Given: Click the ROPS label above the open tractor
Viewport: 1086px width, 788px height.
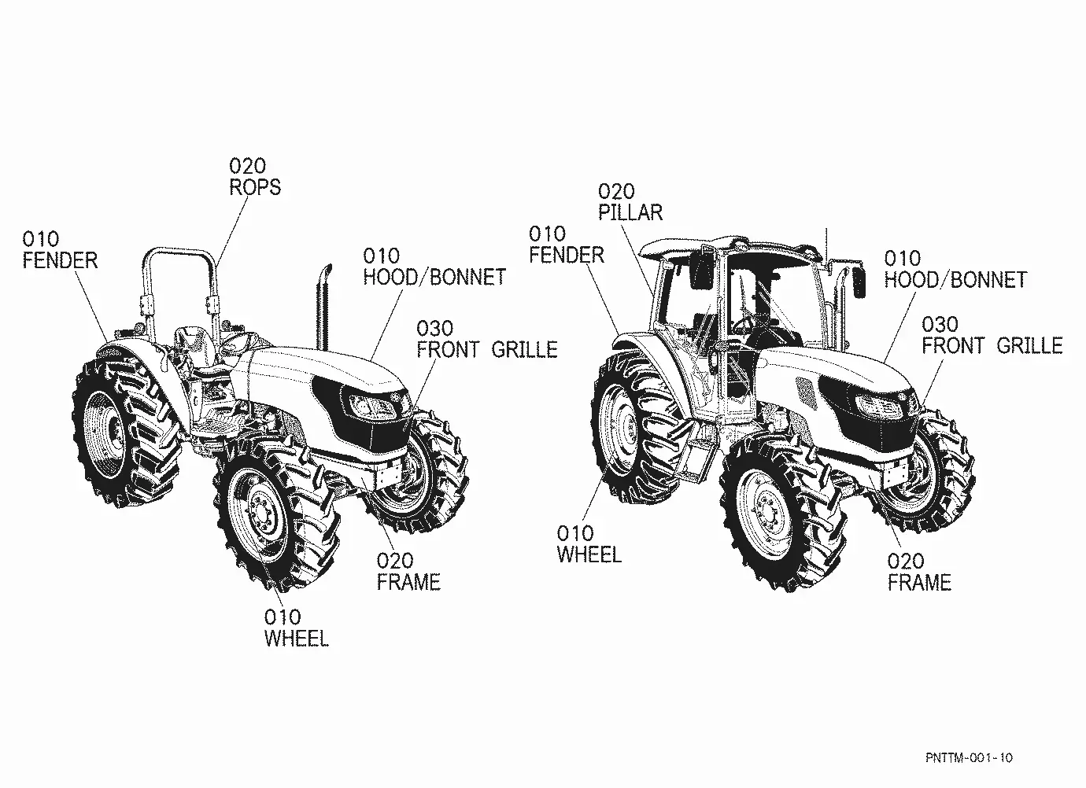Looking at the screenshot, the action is pos(255,187).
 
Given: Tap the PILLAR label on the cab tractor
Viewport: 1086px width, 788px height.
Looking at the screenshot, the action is pos(630,213).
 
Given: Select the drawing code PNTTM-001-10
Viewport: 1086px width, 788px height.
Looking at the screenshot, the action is pos(969,757).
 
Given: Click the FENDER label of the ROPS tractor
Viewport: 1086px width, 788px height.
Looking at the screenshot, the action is pos(60,261).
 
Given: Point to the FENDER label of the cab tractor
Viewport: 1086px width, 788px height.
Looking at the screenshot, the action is pos(567,256).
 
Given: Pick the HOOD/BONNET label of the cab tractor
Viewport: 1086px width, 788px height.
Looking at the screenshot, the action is pos(955,280).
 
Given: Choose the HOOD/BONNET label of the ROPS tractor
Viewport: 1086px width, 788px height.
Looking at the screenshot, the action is pos(435,277).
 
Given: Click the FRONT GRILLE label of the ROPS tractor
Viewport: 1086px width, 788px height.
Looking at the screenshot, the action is pos(487,350).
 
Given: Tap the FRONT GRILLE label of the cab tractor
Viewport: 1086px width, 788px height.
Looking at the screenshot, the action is pos(992,346).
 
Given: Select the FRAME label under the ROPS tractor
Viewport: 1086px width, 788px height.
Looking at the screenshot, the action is pos(408,582).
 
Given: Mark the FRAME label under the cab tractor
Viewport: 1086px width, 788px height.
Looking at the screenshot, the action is pos(919,583).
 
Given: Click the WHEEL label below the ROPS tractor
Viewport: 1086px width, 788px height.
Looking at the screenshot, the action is pos(297,639).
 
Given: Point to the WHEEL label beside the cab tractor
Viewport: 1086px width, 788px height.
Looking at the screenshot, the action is pos(589,555).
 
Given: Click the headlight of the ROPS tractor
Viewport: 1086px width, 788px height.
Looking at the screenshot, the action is pos(371,405).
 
